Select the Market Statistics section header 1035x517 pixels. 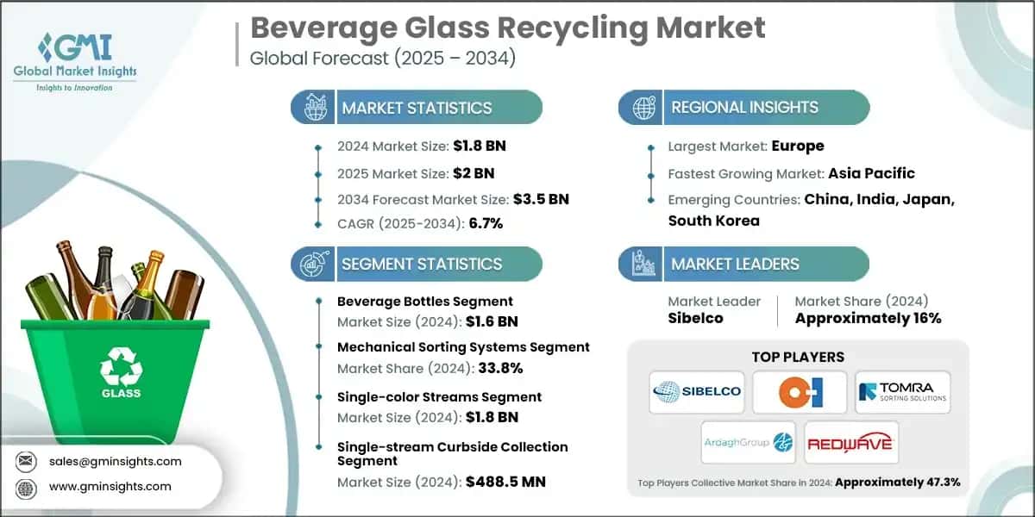(417, 108)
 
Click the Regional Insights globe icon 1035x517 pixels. (643, 108)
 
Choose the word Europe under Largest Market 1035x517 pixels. (797, 146)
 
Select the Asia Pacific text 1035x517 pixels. (872, 173)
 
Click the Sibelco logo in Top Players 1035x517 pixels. (696, 391)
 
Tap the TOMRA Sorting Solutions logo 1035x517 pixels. (902, 392)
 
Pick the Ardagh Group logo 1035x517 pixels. (747, 442)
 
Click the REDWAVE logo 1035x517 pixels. (851, 442)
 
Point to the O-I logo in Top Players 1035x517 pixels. (799, 392)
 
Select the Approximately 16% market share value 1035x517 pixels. (868, 318)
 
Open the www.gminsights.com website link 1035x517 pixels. (110, 487)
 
